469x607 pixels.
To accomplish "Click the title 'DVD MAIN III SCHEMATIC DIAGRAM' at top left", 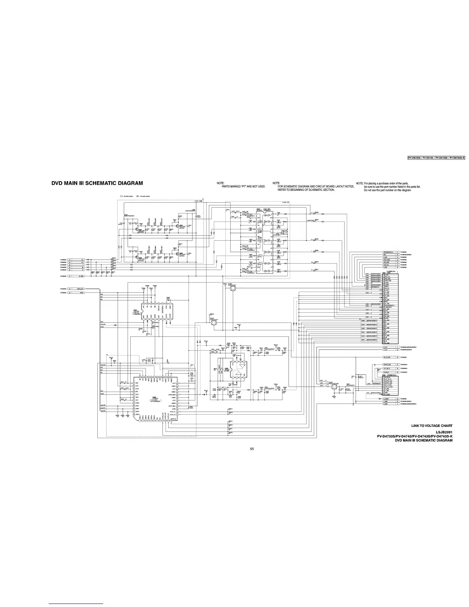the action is [97, 183].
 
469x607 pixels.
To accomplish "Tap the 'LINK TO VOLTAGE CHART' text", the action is [432, 426].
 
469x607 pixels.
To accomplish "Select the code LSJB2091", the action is [444, 432].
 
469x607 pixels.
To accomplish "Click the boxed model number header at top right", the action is [436, 158].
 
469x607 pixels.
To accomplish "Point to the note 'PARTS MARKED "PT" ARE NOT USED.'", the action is [243, 187].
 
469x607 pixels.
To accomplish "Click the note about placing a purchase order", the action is [388, 183].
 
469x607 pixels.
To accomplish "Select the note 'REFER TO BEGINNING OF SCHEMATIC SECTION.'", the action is [306, 190].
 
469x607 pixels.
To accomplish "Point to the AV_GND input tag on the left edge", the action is [78, 276].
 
